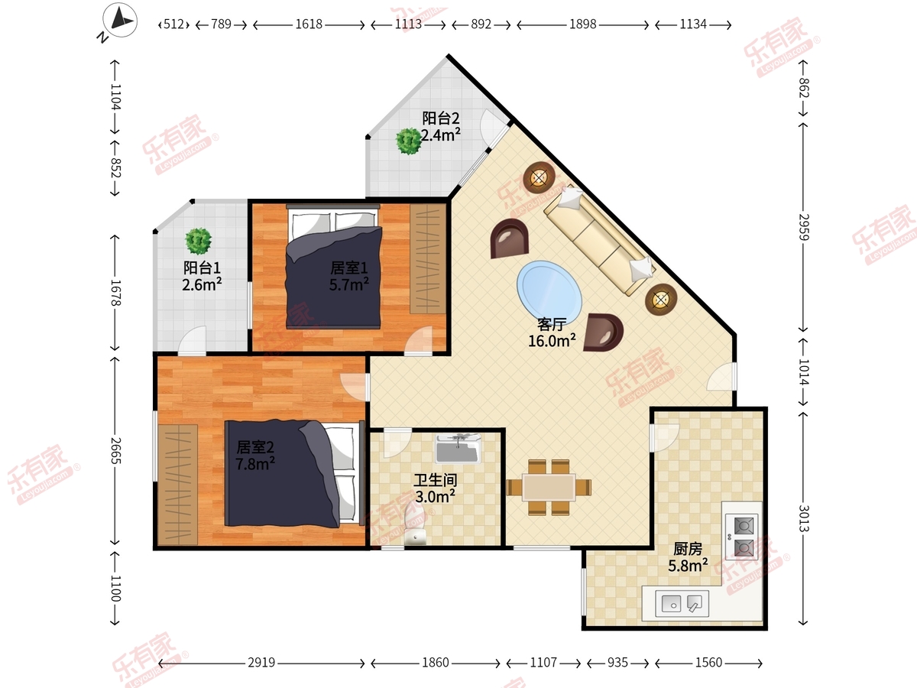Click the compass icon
[x=120, y=20]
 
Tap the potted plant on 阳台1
[x=199, y=241]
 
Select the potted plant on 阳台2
[x=409, y=141]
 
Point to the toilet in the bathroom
[x=415, y=525]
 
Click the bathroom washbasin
[x=458, y=449]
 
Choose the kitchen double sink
[x=682, y=604]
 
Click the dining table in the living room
[x=549, y=487]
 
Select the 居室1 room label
[x=348, y=268]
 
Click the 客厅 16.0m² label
[x=552, y=333]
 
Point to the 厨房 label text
[x=688, y=549]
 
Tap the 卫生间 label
[x=436, y=480]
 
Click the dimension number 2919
[x=261, y=663]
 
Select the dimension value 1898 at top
[x=583, y=24]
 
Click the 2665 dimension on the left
[x=115, y=451]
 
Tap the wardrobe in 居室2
[x=177, y=485]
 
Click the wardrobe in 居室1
[x=428, y=258]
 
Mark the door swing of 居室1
[x=418, y=340]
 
